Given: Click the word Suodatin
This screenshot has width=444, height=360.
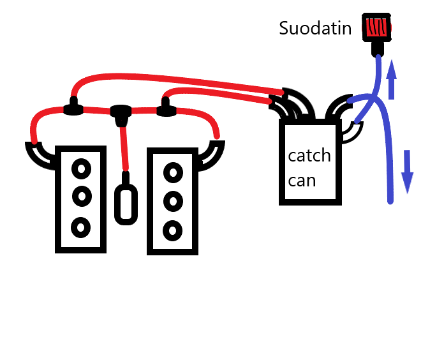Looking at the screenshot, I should coord(315,28).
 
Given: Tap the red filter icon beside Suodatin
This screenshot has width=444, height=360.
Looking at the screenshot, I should coord(377,28).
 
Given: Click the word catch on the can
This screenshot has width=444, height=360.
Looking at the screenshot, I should coord(309,156).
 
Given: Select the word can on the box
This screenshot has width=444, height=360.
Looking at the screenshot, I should coord(302,180).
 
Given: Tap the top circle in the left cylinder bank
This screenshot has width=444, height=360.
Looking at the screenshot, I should coord(80,170).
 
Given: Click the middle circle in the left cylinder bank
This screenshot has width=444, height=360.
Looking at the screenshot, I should coord(80,195).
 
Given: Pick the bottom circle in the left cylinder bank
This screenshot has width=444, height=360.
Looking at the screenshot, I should coord(80,225).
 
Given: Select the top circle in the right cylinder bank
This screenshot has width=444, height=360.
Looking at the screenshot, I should coord(172,172).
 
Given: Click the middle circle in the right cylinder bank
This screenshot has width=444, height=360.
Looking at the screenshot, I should coord(172,201).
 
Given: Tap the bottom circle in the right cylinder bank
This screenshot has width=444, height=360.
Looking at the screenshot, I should coord(172,229).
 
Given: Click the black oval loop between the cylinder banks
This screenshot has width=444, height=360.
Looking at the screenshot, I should coord(126,204).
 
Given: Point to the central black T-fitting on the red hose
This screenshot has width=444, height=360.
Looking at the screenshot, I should coord(120,114).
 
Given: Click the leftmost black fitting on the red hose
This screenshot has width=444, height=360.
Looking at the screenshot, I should coord(74,109).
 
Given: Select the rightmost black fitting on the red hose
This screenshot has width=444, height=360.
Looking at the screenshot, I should coord(166,110).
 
